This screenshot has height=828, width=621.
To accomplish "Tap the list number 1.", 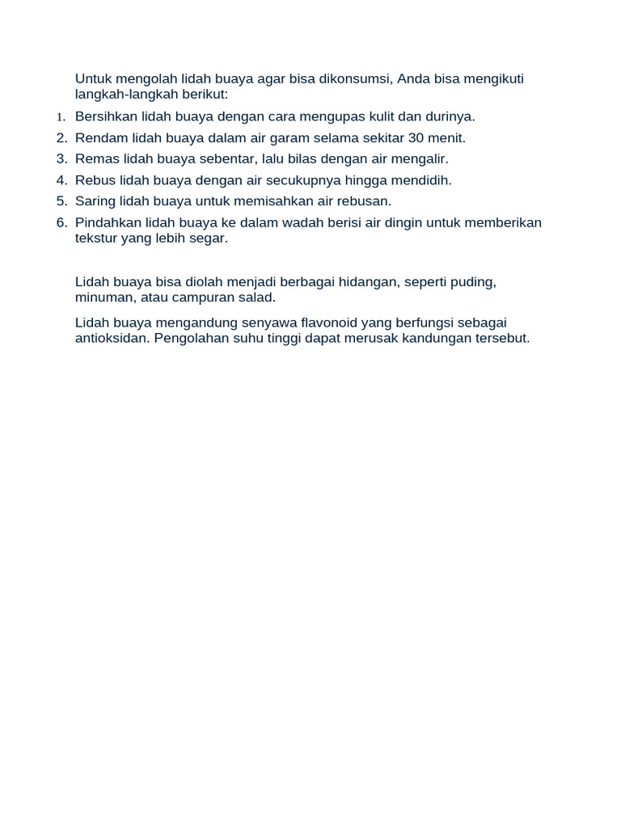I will (61, 117).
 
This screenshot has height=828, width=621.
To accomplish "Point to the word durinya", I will (450, 116).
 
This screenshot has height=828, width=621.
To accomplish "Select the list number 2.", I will (61, 138).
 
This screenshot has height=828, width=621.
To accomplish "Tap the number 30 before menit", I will (416, 138).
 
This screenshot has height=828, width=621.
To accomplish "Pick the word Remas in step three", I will (94, 159).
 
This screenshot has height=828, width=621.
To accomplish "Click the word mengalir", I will (421, 159).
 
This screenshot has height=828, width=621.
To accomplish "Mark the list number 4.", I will (61, 180).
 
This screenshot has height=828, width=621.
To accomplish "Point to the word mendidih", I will (423, 180).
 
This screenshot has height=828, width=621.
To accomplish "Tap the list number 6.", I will (61, 222).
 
